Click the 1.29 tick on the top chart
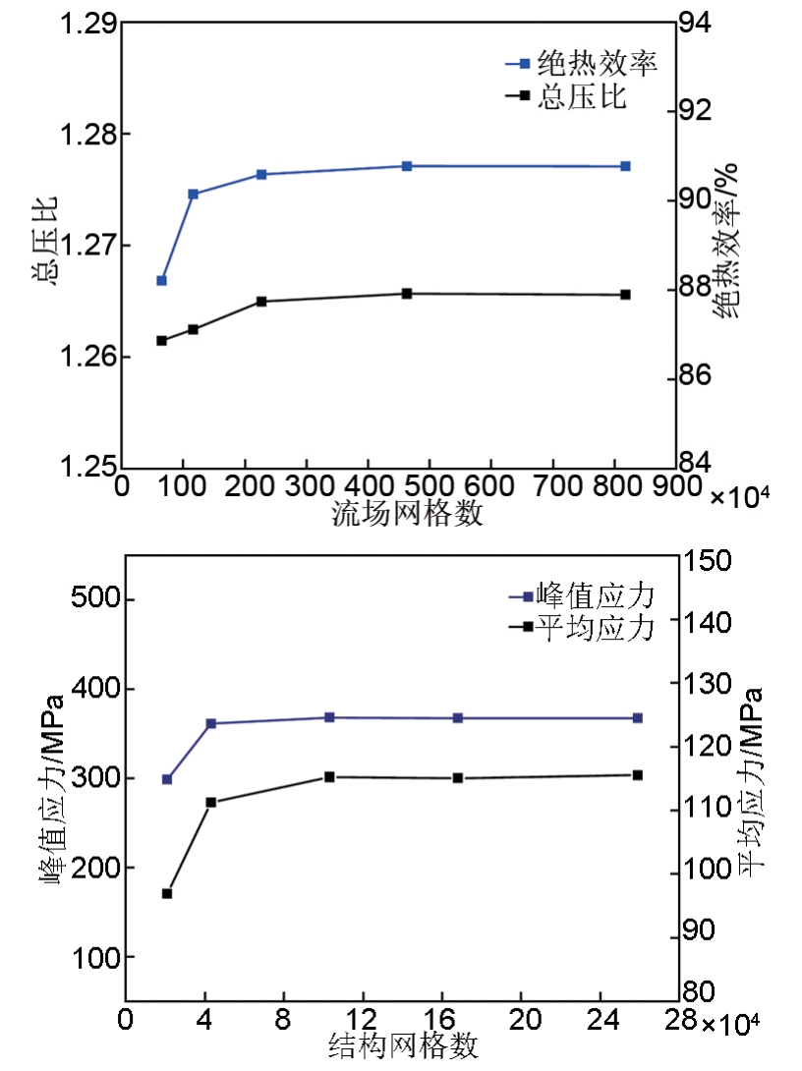click(x=87, y=23)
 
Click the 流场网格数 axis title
click(x=408, y=513)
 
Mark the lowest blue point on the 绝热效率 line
click(x=162, y=281)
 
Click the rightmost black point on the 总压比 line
click(x=625, y=295)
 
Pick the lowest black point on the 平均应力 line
click(x=167, y=893)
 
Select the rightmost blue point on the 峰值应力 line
click(x=637, y=718)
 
